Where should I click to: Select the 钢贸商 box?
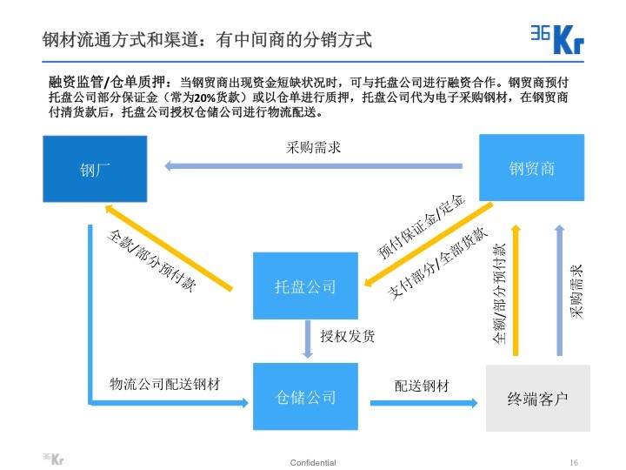pyautogui.click(x=531, y=168)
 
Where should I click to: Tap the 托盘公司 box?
pyautogui.click(x=304, y=285)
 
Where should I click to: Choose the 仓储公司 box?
pyautogui.click(x=304, y=398)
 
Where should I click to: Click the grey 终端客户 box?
pyautogui.click(x=537, y=399)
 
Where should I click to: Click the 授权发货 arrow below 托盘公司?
pyautogui.click(x=307, y=338)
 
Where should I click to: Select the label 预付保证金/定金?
pyautogui.click(x=423, y=227)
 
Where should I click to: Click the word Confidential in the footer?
pyautogui.click(x=313, y=462)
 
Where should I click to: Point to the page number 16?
pyautogui.click(x=573, y=462)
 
